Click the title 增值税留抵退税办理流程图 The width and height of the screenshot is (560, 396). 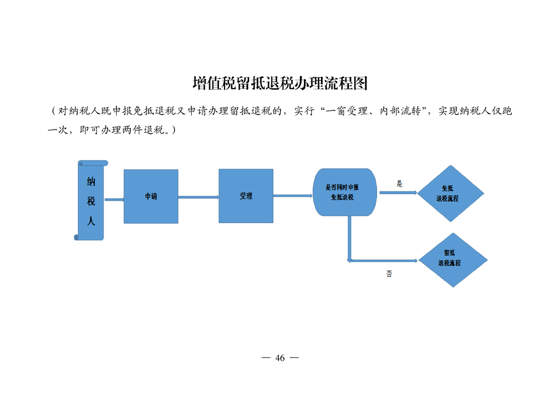280,83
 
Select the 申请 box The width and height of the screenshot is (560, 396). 151,196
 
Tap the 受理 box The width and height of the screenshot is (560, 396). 246,196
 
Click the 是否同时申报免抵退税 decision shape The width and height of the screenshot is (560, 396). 345,192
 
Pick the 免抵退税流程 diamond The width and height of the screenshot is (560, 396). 451,193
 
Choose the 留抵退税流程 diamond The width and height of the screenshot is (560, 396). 453,260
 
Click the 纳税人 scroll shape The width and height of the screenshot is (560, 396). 91,200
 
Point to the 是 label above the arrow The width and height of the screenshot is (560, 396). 399,184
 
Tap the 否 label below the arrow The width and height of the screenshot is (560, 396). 389,274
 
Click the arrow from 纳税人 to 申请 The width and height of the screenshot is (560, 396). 114,199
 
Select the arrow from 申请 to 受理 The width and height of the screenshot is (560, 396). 199,197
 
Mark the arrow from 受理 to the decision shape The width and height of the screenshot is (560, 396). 293,195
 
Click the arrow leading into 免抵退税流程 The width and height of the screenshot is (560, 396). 398,193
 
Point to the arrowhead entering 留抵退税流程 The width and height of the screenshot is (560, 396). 416,261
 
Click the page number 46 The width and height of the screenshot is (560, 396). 280,358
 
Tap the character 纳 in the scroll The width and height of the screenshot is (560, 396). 91,182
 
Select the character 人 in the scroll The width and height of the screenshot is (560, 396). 91,221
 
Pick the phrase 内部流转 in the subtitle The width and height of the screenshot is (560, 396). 400,111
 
